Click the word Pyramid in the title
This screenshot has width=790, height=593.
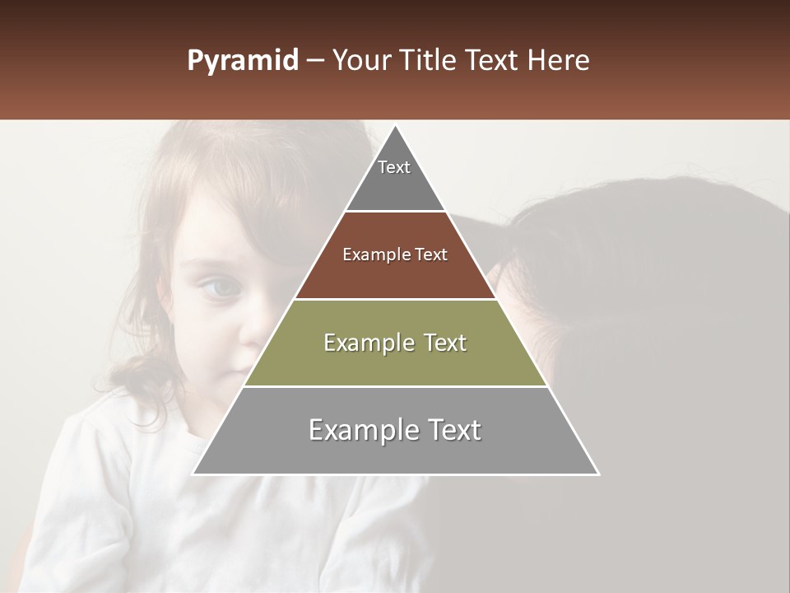[242, 61]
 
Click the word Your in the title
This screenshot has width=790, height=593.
[363, 61]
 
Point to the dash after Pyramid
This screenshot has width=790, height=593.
[314, 62]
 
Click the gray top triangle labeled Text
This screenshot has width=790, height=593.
[395, 177]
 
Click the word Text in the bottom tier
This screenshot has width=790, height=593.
[451, 430]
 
